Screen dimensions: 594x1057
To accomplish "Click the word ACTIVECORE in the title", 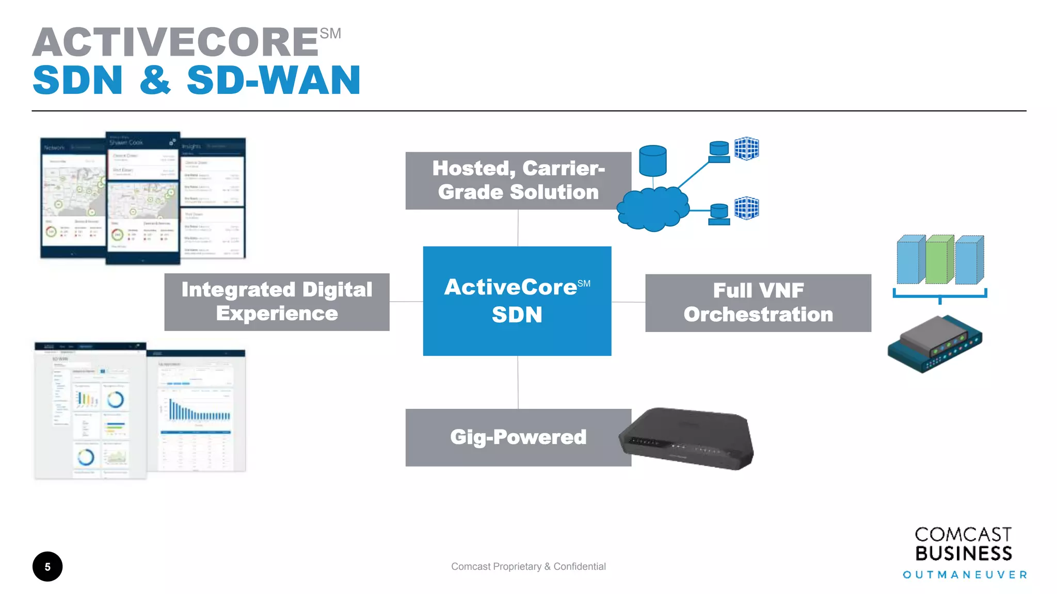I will click(x=175, y=42).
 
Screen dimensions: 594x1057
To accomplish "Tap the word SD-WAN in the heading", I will click(x=274, y=81).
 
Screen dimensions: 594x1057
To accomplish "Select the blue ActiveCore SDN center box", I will click(x=517, y=301).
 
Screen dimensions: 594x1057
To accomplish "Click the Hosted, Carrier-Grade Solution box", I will click(x=518, y=180).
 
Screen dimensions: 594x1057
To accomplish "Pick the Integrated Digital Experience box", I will click(x=277, y=302).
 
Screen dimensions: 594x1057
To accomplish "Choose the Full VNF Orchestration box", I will click(x=758, y=303).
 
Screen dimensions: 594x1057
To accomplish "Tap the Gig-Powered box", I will click(x=518, y=437).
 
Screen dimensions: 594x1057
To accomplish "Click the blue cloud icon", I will click(x=652, y=209).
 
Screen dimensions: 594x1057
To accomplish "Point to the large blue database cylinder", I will click(x=652, y=160).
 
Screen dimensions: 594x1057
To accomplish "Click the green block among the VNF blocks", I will click(x=939, y=260).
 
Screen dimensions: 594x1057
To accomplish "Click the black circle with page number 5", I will click(x=47, y=567).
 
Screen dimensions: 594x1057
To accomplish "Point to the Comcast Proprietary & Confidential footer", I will click(x=528, y=567).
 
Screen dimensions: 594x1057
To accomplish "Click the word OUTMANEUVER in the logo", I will click(x=964, y=575).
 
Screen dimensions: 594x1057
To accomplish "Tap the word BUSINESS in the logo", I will click(x=963, y=554).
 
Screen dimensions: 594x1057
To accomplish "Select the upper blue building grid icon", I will click(x=746, y=149).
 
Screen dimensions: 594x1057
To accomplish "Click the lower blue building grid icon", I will click(x=746, y=208).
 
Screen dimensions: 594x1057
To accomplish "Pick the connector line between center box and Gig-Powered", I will click(x=518, y=382).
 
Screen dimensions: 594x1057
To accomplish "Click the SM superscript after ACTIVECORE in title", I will click(x=330, y=34).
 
